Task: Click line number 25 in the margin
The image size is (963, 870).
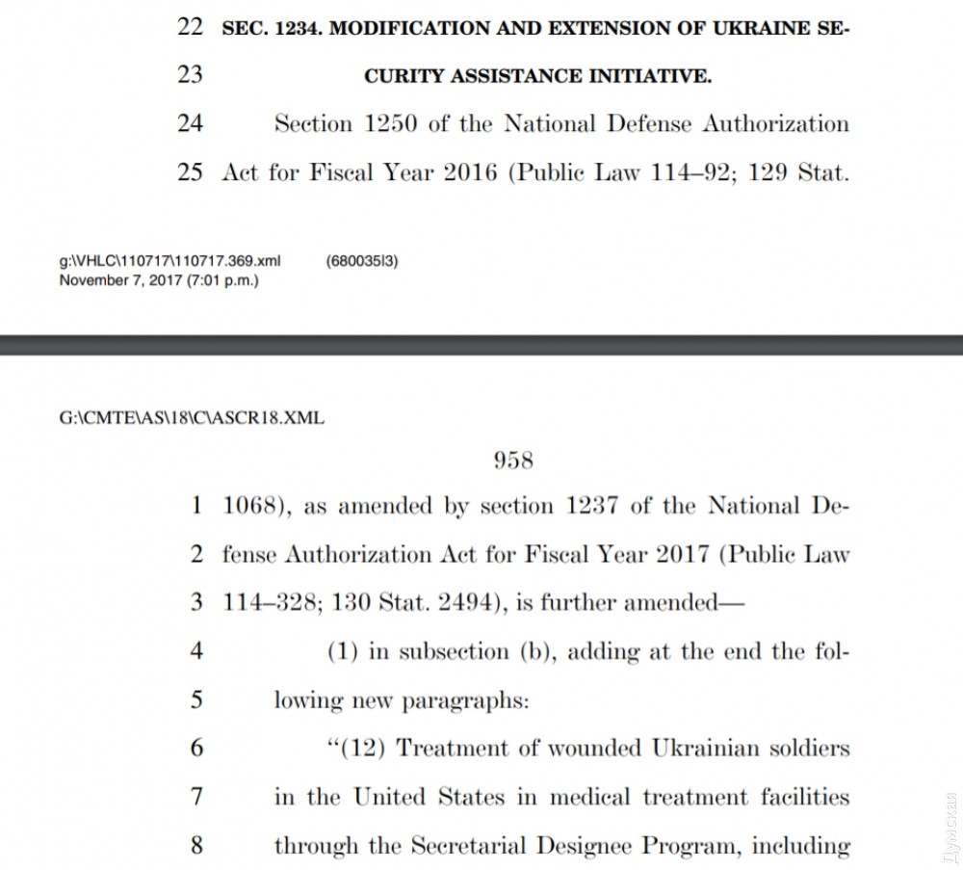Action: click(190, 173)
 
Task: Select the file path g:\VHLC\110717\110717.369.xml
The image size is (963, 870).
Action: click(169, 261)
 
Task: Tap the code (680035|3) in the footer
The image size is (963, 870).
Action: click(362, 261)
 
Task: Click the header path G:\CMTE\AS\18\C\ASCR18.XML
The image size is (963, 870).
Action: click(193, 418)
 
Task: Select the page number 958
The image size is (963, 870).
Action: click(513, 461)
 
